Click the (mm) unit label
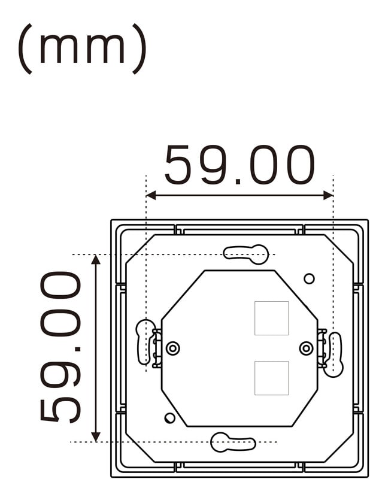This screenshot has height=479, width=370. coord(82,48)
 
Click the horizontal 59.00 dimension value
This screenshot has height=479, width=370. coord(239,165)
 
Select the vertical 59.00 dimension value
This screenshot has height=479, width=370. coord(60,347)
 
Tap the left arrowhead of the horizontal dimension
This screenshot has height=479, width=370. coord(151,196)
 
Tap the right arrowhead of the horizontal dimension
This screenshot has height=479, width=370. coord(328,196)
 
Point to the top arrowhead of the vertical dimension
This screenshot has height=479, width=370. coord(96,259)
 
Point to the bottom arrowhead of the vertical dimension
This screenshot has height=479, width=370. coord(96,437)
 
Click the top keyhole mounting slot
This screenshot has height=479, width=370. coord(246,254)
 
